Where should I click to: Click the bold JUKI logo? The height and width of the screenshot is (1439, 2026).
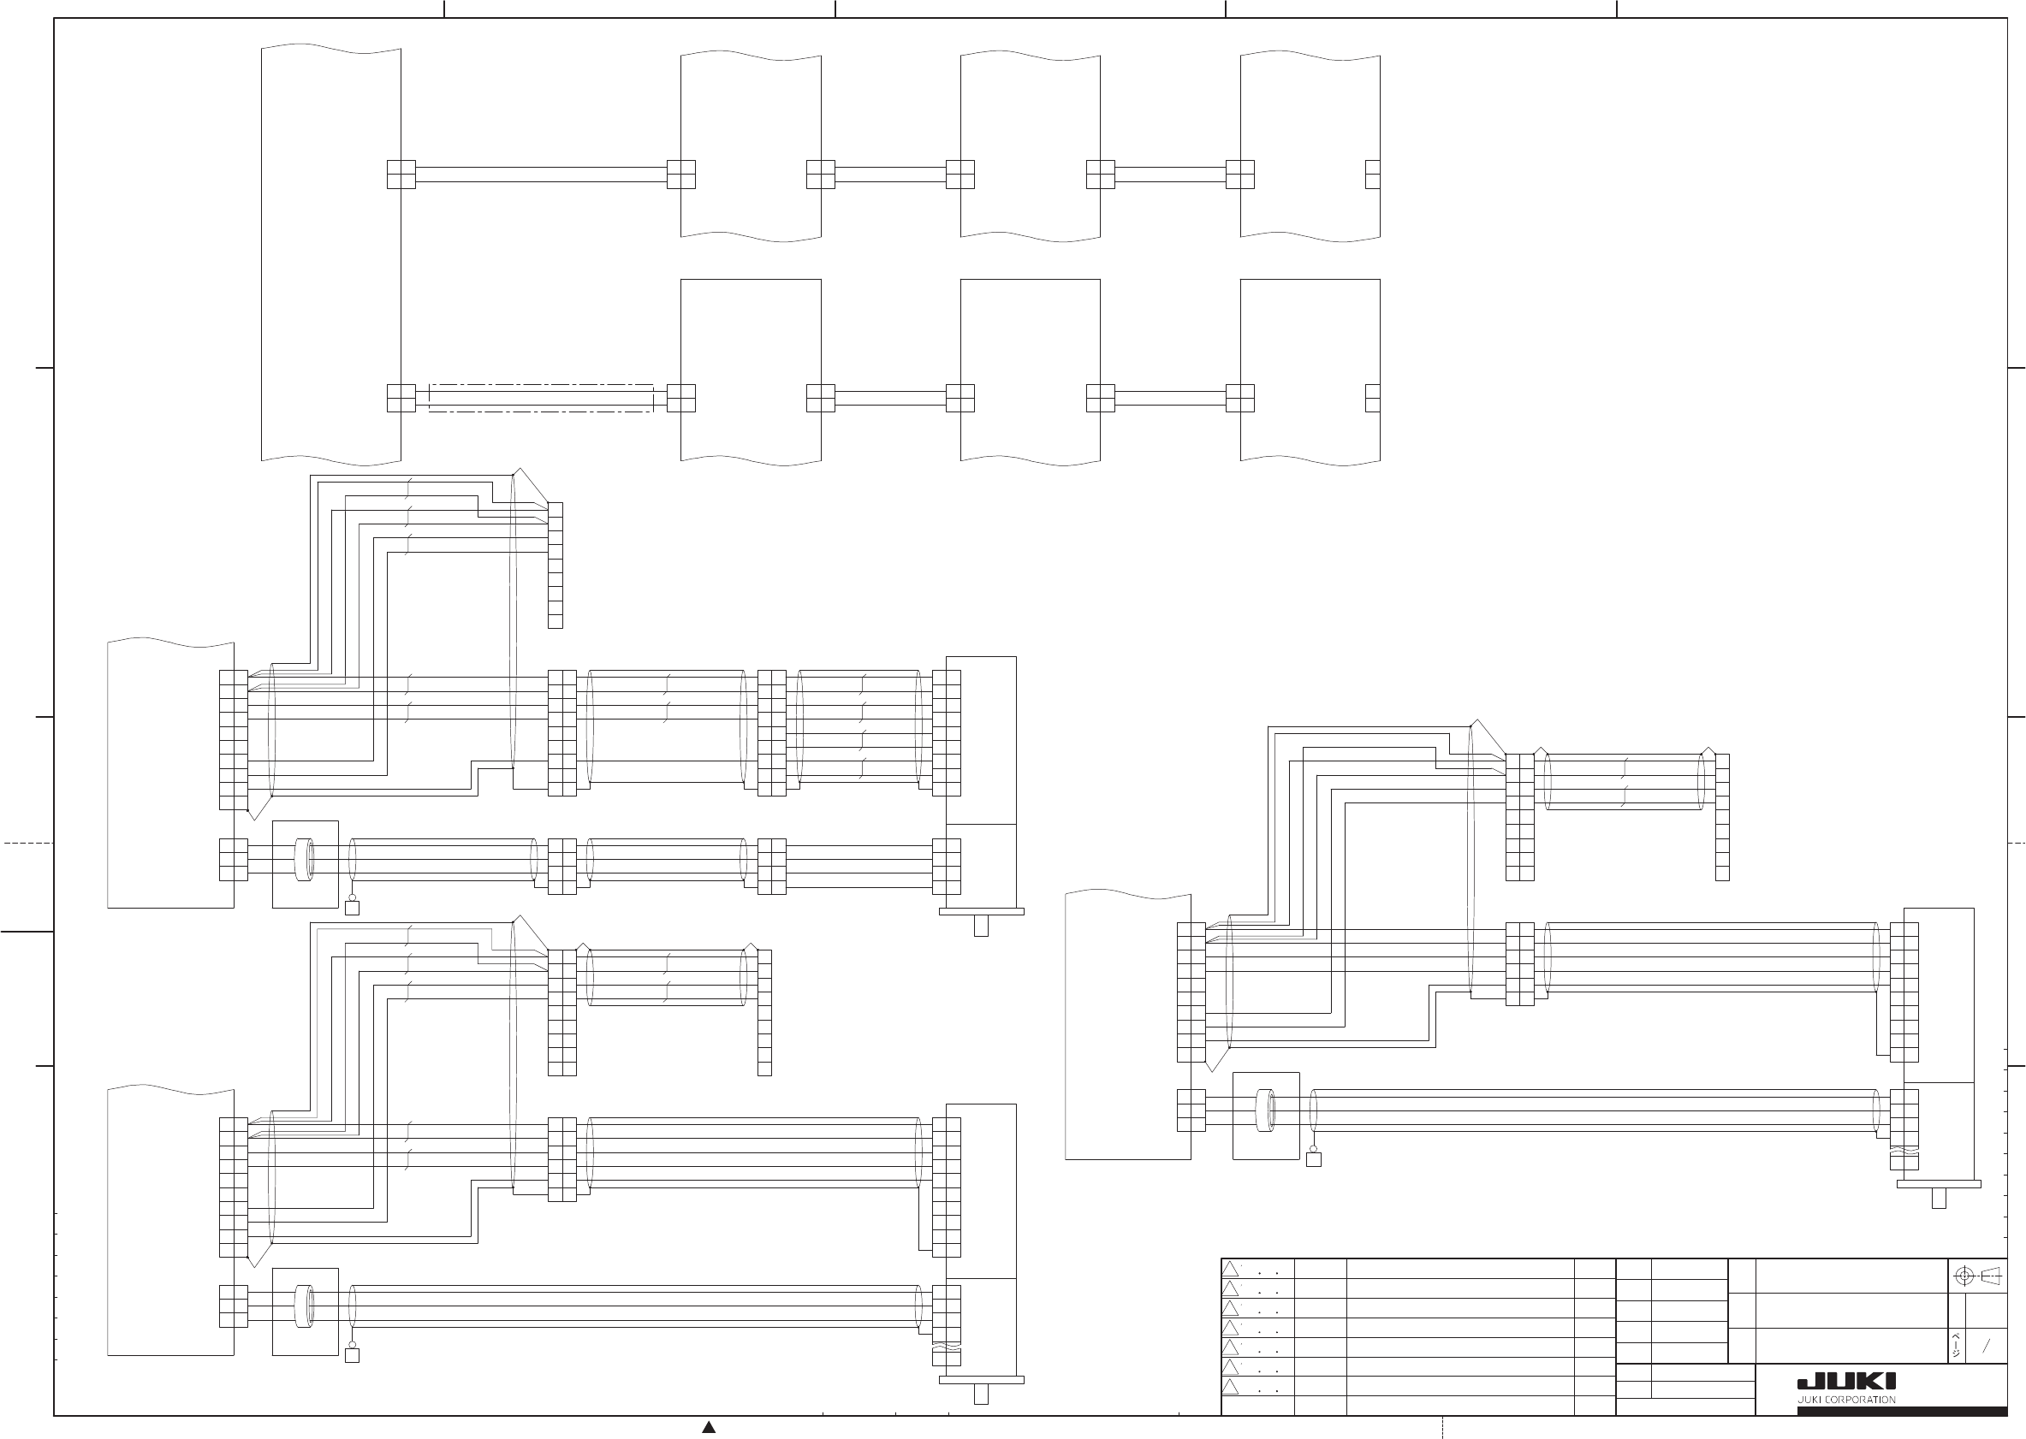1846,1382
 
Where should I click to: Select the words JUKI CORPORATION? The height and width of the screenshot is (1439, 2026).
1846,1400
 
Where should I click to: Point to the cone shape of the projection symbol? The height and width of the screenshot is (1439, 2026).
1991,1276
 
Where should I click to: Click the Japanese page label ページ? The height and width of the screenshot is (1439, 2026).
1956,1345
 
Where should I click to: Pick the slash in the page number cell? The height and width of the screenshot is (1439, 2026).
1986,1346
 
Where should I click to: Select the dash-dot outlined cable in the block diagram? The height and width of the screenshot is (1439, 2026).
541,398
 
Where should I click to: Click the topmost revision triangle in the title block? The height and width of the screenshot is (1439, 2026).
1230,1269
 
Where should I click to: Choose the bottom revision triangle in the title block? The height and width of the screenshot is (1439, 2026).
1230,1387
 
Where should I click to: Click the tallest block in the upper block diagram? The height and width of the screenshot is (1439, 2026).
330,255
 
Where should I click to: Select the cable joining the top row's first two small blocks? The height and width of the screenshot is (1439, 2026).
891,175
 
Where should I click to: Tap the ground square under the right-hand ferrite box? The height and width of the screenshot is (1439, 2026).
1314,1159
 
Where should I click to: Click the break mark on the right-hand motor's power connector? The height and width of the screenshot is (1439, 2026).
1903,1152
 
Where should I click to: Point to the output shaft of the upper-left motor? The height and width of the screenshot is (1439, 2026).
981,925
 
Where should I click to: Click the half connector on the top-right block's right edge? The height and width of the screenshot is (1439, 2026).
1373,175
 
